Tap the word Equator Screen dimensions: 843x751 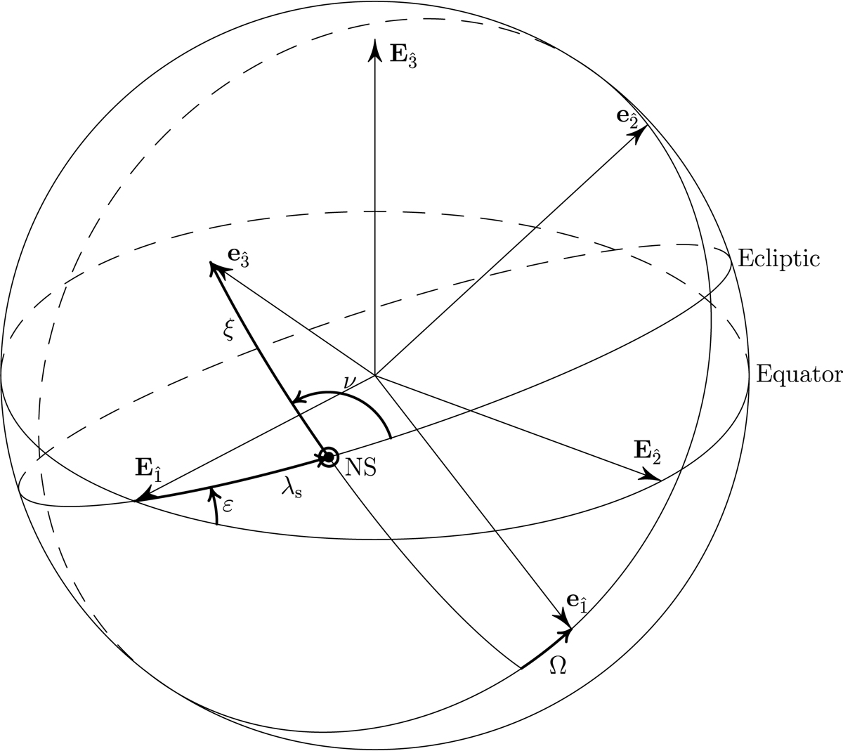coord(799,374)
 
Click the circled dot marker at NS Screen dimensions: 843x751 coord(328,457)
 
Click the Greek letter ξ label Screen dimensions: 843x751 coord(228,330)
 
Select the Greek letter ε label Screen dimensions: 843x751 coord(228,506)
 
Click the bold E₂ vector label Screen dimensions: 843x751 coord(647,453)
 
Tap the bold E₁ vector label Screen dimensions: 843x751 coord(148,470)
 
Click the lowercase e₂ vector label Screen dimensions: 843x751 coord(627,119)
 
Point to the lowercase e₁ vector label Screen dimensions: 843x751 coord(577,603)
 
